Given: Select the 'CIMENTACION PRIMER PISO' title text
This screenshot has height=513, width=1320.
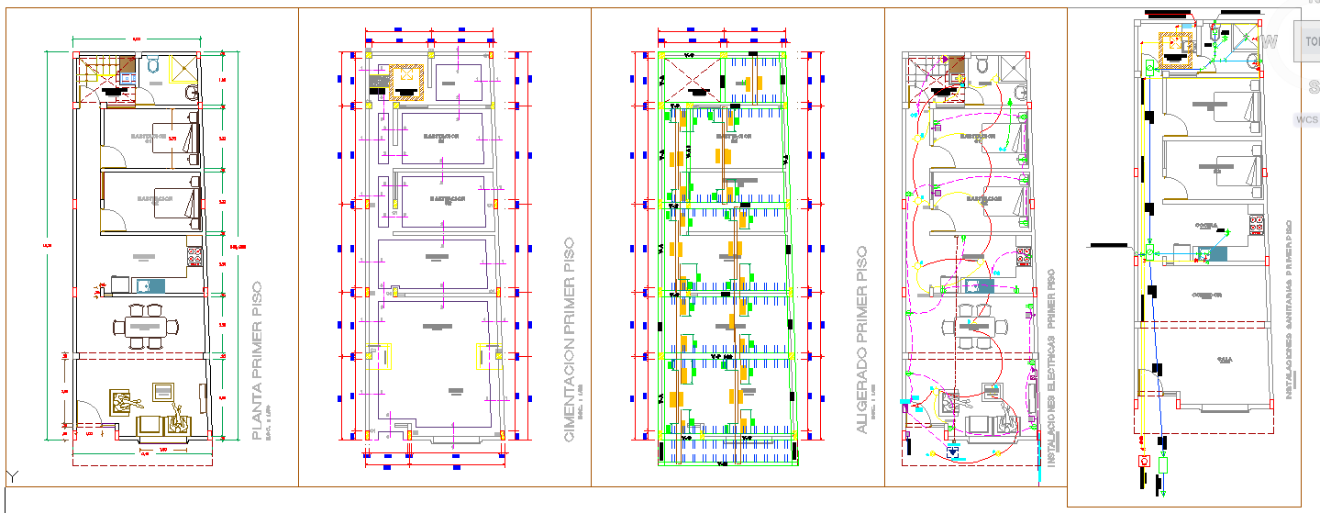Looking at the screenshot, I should [570, 340].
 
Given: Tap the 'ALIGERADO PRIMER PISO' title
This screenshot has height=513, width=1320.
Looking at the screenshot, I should [861, 340].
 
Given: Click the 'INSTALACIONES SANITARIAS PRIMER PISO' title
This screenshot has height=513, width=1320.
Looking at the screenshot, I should [1290, 309].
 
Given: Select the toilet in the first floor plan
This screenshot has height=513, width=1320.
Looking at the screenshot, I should [153, 64].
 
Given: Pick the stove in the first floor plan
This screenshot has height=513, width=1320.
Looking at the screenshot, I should [194, 256].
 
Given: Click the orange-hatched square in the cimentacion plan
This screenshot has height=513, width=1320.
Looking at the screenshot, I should [405, 80].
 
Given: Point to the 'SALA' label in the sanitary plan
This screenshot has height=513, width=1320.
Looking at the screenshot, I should [1224, 361].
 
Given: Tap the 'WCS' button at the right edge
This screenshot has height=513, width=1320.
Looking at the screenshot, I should [1306, 120].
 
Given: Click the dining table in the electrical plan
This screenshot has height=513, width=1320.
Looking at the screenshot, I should [973, 326].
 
